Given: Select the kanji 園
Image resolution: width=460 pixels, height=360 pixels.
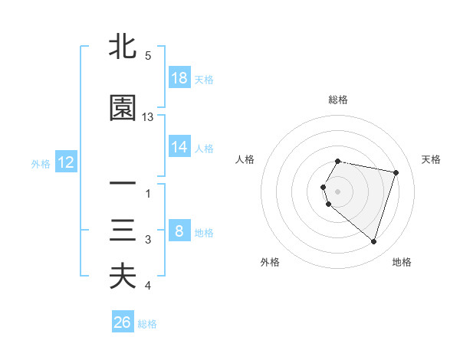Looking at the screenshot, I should [123, 108].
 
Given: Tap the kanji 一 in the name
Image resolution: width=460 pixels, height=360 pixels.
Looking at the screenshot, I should [123, 184].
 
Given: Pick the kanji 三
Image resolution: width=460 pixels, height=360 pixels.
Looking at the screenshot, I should [123, 231].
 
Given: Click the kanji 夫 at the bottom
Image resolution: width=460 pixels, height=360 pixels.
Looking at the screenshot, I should [123, 277].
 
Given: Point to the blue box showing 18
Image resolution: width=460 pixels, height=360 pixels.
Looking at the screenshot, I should [179, 78].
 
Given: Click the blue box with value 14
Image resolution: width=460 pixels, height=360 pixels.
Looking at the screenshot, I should [179, 147].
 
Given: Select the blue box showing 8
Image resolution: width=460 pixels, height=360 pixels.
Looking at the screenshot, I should [179, 231].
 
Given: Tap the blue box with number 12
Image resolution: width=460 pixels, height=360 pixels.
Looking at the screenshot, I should [65, 162].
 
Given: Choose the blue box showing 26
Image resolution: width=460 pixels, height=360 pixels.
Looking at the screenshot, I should [123, 322].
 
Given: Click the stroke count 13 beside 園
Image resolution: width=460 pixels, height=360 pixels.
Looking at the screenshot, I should [148, 117].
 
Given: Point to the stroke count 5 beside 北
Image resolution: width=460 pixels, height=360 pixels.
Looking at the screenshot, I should [148, 56].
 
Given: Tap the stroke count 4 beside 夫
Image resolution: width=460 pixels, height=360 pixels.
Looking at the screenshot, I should [148, 286].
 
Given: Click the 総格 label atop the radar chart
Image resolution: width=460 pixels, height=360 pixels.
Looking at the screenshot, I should [338, 100].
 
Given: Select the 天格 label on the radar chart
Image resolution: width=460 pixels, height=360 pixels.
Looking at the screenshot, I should [432, 159].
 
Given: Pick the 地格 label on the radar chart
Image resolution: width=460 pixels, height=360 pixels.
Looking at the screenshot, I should [402, 262].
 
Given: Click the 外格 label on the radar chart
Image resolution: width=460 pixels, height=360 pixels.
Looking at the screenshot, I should [270, 262].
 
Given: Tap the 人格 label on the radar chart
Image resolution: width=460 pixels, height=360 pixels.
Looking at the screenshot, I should [245, 159].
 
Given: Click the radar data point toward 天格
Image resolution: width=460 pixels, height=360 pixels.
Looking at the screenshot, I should [396, 172].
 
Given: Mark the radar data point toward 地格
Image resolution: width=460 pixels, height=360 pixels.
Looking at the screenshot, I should [373, 242].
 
